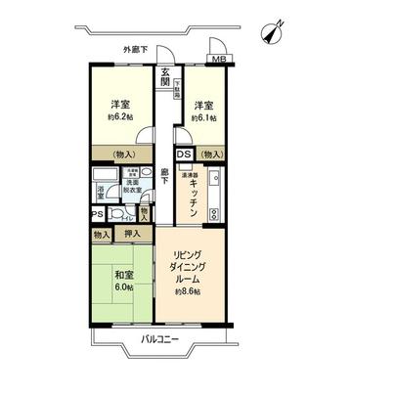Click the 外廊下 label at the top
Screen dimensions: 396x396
coord(137,49)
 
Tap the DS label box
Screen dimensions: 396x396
coord(184,154)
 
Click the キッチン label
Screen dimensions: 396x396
coord(195,196)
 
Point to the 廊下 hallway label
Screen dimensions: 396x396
coord(165,182)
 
